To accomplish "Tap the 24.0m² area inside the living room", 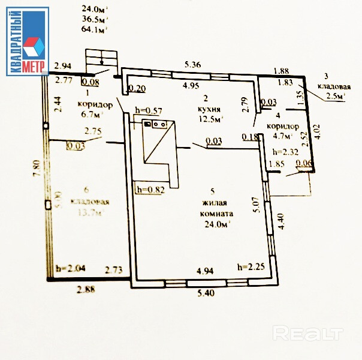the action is coord(216,224).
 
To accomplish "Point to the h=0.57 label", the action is coord(150,110).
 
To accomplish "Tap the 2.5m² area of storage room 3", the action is coord(334,96).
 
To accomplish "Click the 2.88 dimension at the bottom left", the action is coord(86,290).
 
